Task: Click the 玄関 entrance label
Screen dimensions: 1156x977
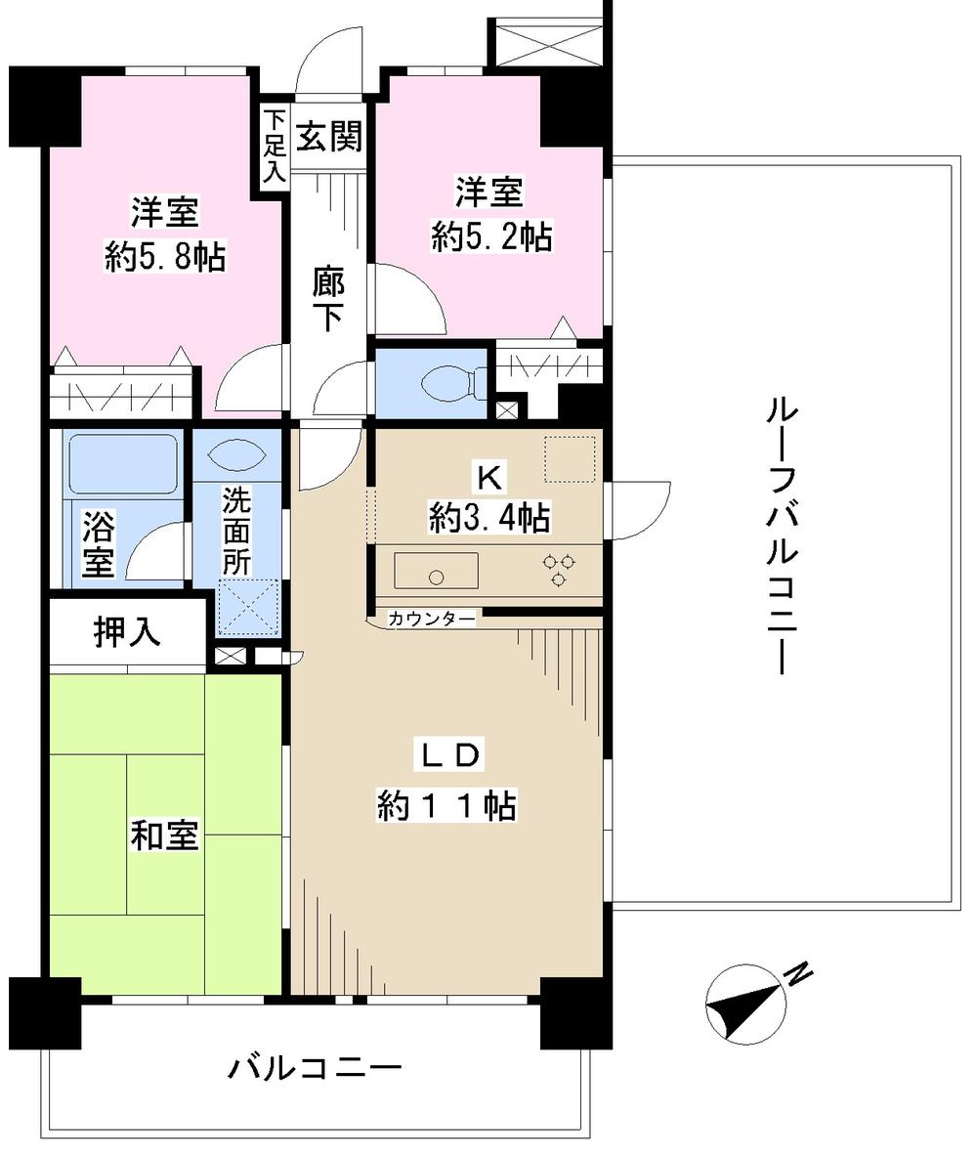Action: click(x=328, y=137)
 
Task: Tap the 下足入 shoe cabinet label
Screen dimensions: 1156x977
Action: click(x=274, y=145)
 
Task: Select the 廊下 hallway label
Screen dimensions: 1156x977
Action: click(x=326, y=298)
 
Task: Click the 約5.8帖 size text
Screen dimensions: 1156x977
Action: click(x=165, y=257)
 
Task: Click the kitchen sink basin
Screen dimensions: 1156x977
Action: click(x=436, y=570)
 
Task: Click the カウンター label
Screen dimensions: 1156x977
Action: click(x=431, y=619)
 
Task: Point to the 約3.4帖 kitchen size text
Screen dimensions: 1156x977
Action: click(x=488, y=517)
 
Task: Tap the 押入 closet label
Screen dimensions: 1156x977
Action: click(x=126, y=634)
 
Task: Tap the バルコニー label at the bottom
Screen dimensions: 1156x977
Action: click(x=315, y=1067)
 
